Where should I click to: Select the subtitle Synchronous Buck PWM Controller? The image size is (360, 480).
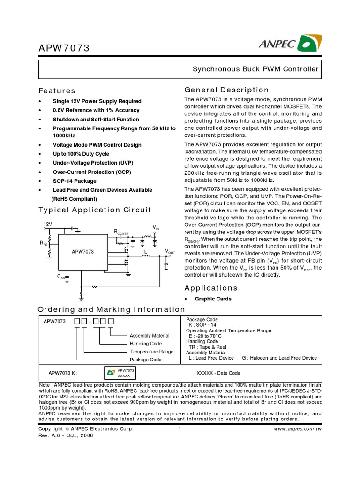pos(256,69)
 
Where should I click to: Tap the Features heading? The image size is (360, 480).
pos(57,90)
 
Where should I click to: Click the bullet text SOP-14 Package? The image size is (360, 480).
pos(75,181)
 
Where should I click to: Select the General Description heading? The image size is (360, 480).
pos(226,90)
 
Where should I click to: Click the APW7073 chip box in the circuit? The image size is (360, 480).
pos(83,252)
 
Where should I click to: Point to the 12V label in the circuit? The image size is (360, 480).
pos(48,225)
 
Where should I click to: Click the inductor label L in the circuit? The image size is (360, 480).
pos(145,252)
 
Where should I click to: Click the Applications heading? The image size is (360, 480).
pos(211,288)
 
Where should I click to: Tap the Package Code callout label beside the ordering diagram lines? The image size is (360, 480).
pos(145,360)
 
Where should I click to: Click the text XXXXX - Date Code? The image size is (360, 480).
pos(218,373)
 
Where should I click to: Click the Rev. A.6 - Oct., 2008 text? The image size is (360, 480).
pos(66,435)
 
